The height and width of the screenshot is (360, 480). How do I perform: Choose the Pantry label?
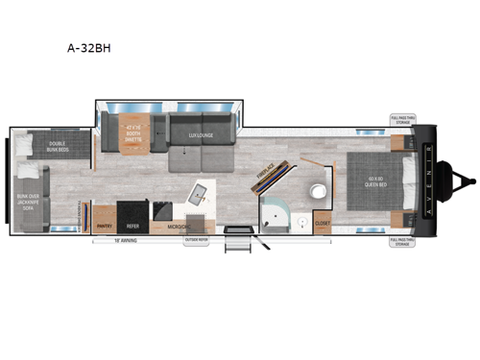(x=105, y=227)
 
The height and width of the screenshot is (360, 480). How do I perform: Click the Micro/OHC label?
(x=175, y=227)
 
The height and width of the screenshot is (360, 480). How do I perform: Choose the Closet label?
(x=323, y=226)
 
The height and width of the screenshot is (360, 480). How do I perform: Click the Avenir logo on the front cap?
(x=428, y=180)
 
